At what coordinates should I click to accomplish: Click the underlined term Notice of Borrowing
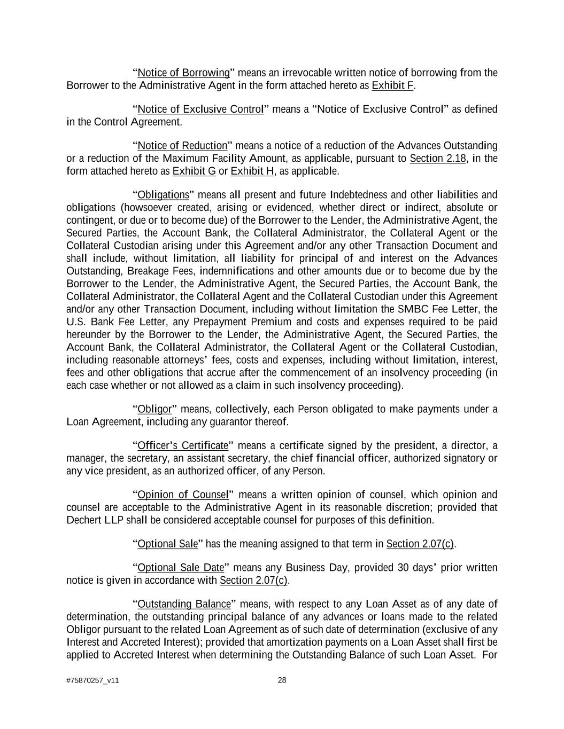(x=183, y=73)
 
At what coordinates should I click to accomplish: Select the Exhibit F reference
(x=392, y=85)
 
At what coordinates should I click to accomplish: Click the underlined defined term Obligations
(x=163, y=195)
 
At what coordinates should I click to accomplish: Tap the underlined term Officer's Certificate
(x=183, y=446)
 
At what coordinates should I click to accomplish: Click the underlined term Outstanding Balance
(x=184, y=605)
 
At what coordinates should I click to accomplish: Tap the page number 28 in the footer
(x=282, y=680)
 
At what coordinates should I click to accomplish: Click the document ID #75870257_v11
(x=92, y=681)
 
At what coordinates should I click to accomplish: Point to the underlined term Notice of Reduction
(x=182, y=146)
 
